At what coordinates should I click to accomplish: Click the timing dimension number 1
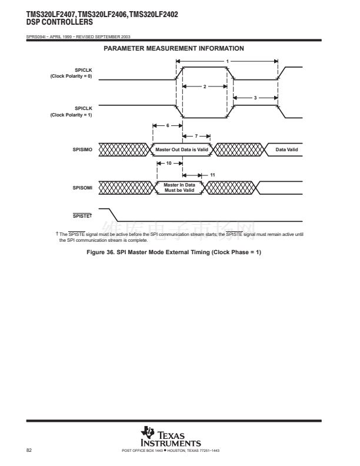[x=228, y=61]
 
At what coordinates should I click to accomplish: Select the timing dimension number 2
[x=204, y=86]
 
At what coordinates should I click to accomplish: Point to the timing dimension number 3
[x=255, y=98]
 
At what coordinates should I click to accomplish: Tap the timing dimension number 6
[x=167, y=126]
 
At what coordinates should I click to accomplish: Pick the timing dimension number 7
[x=196, y=136]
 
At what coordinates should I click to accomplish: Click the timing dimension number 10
[x=169, y=163]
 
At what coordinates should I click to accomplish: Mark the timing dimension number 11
[x=212, y=175]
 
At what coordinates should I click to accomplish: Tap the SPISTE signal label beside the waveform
[x=82, y=215]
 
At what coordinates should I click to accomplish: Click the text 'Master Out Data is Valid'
[x=182, y=150]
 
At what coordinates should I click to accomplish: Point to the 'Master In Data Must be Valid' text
[x=179, y=188]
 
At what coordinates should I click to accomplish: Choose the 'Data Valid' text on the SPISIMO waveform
[x=286, y=150]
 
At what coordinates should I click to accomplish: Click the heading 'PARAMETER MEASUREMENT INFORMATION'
[x=174, y=48]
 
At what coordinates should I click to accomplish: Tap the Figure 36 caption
[x=174, y=253]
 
